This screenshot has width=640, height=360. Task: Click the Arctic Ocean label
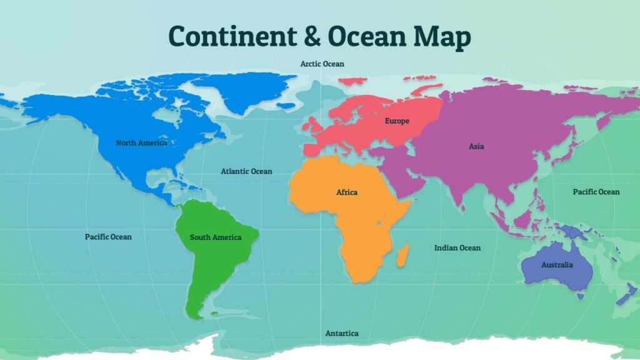pyautogui.click(x=322, y=64)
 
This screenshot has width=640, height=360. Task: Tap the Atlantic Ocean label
pyautogui.click(x=246, y=171)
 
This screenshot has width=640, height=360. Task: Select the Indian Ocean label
pyautogui.click(x=457, y=248)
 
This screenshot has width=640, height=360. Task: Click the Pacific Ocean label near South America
pyautogui.click(x=108, y=237)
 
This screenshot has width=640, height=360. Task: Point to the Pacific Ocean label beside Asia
pyautogui.click(x=596, y=192)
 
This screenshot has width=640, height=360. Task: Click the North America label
pyautogui.click(x=141, y=143)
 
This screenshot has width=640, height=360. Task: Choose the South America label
pyautogui.click(x=215, y=237)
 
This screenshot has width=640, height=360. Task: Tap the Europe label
pyautogui.click(x=397, y=121)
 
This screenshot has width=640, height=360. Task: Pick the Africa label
pyautogui.click(x=347, y=192)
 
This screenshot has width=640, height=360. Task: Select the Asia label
pyautogui.click(x=476, y=147)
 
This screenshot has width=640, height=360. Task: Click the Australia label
pyautogui.click(x=556, y=265)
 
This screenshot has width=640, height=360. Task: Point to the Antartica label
pyautogui.click(x=342, y=334)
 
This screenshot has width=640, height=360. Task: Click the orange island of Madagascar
pyautogui.click(x=403, y=254)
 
